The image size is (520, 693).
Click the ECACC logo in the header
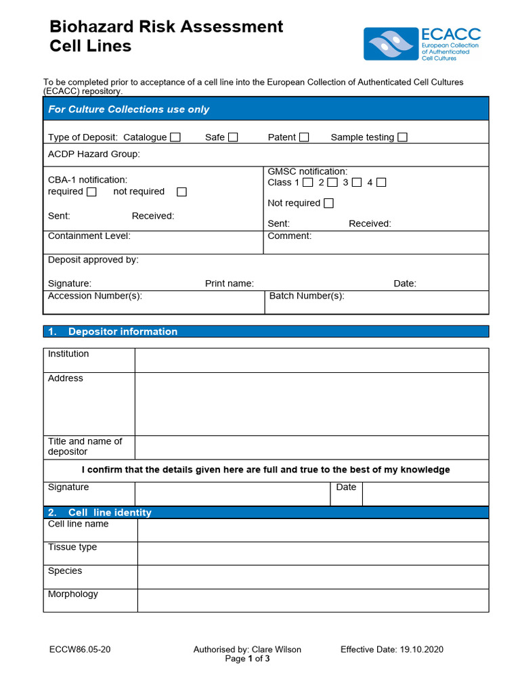(422, 44)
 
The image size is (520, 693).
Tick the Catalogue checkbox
(175, 137)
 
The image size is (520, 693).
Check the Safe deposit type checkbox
(233, 137)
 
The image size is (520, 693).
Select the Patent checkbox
(304, 137)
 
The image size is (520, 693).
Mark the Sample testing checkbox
(402, 137)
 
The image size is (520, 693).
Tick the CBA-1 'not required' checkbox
(181, 192)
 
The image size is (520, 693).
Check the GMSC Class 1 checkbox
(307, 183)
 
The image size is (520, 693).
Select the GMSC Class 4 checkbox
(381, 183)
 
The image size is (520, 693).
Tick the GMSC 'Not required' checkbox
(328, 203)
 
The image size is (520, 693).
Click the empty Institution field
(311, 360)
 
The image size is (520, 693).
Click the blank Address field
(311, 403)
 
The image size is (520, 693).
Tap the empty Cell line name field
(313, 530)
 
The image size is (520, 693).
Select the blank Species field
(313, 577)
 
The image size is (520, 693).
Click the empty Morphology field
(313, 600)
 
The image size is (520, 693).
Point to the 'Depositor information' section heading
(123, 332)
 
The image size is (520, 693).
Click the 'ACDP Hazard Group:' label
(94, 154)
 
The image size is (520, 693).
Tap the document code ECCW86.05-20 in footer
(80, 650)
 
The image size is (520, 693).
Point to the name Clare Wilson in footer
(276, 650)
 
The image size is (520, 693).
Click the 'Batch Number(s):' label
(307, 296)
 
